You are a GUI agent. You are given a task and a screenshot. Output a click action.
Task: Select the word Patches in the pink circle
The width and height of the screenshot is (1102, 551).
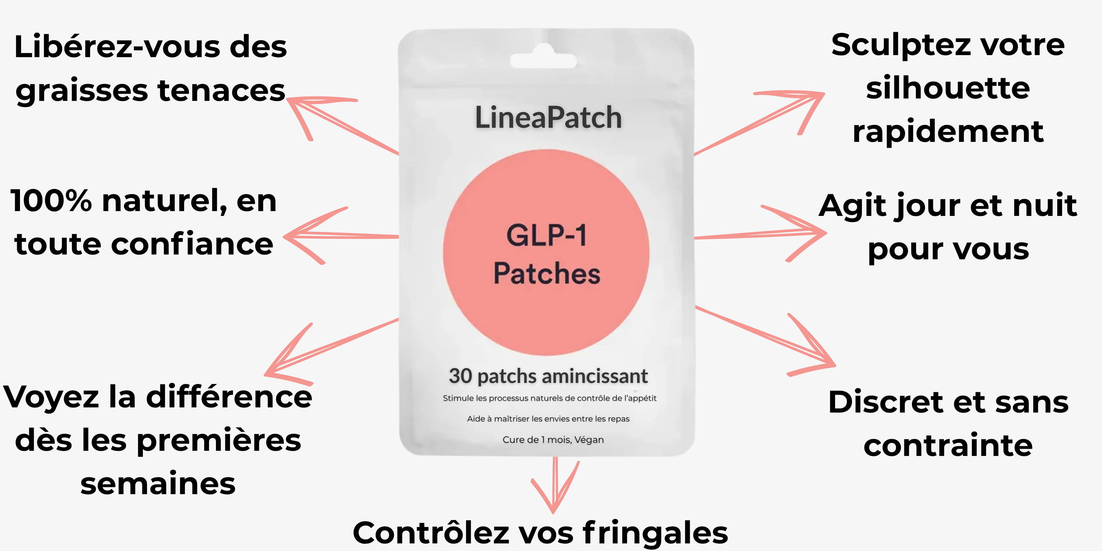tap(547, 273)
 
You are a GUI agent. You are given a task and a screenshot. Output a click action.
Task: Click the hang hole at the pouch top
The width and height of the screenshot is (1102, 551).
tap(543, 60)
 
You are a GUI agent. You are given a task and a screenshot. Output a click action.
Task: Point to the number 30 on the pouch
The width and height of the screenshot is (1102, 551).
tap(460, 376)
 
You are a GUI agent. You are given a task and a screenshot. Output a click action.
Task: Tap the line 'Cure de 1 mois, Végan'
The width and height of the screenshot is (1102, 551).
tap(553, 440)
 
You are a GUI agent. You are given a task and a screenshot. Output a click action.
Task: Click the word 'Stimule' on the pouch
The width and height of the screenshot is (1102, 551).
tap(458, 398)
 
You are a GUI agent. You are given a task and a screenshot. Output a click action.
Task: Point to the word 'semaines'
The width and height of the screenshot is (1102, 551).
tap(158, 484)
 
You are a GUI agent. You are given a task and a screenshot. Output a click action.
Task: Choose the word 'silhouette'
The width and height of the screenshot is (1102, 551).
tap(948, 88)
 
